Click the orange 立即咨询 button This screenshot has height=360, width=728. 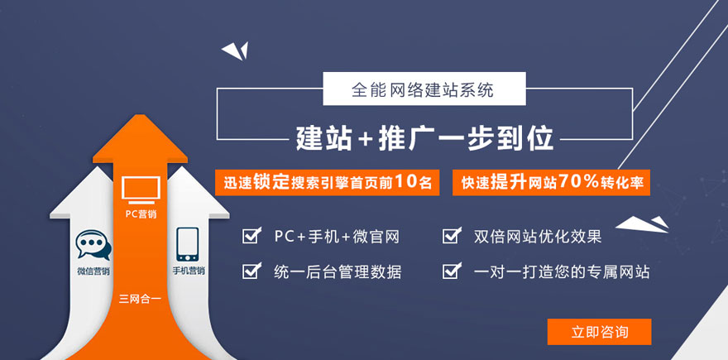point(599,332)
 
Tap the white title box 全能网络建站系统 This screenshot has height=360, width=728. point(424,89)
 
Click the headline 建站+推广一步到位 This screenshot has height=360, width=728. point(425,138)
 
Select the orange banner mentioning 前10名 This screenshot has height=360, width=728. point(328,183)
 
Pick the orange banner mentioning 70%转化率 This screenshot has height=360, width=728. point(551,183)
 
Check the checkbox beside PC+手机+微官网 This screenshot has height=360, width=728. point(251,236)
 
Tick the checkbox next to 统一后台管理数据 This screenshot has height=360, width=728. point(251,271)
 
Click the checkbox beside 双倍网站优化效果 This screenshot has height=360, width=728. point(452,236)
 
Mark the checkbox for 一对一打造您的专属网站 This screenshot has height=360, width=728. point(452,271)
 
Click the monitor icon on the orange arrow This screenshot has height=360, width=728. point(141,190)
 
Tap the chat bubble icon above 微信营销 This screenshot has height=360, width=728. point(93,245)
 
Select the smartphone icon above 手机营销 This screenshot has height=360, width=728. point(187,244)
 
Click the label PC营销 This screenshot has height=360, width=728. point(141,214)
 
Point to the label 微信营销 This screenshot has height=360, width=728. point(93,271)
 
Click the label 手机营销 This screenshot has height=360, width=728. point(189,271)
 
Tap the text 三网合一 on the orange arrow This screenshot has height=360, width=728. point(140,299)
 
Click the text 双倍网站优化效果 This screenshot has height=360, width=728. point(538,237)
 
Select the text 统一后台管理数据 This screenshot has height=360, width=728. point(338,271)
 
